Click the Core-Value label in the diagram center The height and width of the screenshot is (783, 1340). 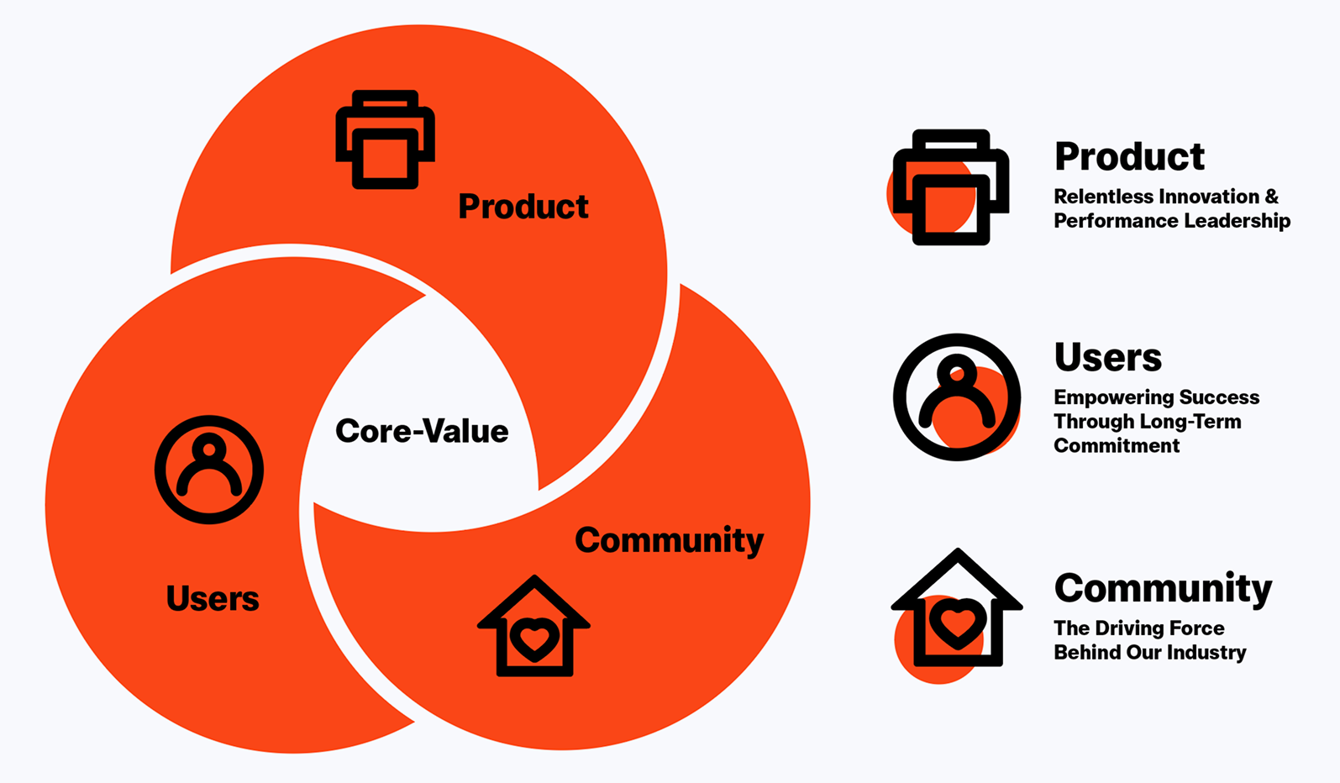pyautogui.click(x=422, y=431)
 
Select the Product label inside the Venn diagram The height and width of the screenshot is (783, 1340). pyautogui.click(x=523, y=207)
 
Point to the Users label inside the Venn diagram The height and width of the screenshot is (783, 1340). pyautogui.click(x=213, y=598)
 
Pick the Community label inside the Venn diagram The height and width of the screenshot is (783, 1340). pyautogui.click(x=670, y=541)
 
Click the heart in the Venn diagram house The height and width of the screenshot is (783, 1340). pyautogui.click(x=533, y=638)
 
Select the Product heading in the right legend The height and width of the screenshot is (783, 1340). pyautogui.click(x=1129, y=157)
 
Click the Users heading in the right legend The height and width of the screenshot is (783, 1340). pyautogui.click(x=1108, y=358)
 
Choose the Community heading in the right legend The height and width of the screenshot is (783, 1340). pyautogui.click(x=1163, y=589)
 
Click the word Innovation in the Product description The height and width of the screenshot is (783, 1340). pyautogui.click(x=1200, y=197)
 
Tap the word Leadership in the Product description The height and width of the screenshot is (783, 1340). pyautogui.click(x=1238, y=221)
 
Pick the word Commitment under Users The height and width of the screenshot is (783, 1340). pyautogui.click(x=1117, y=445)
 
